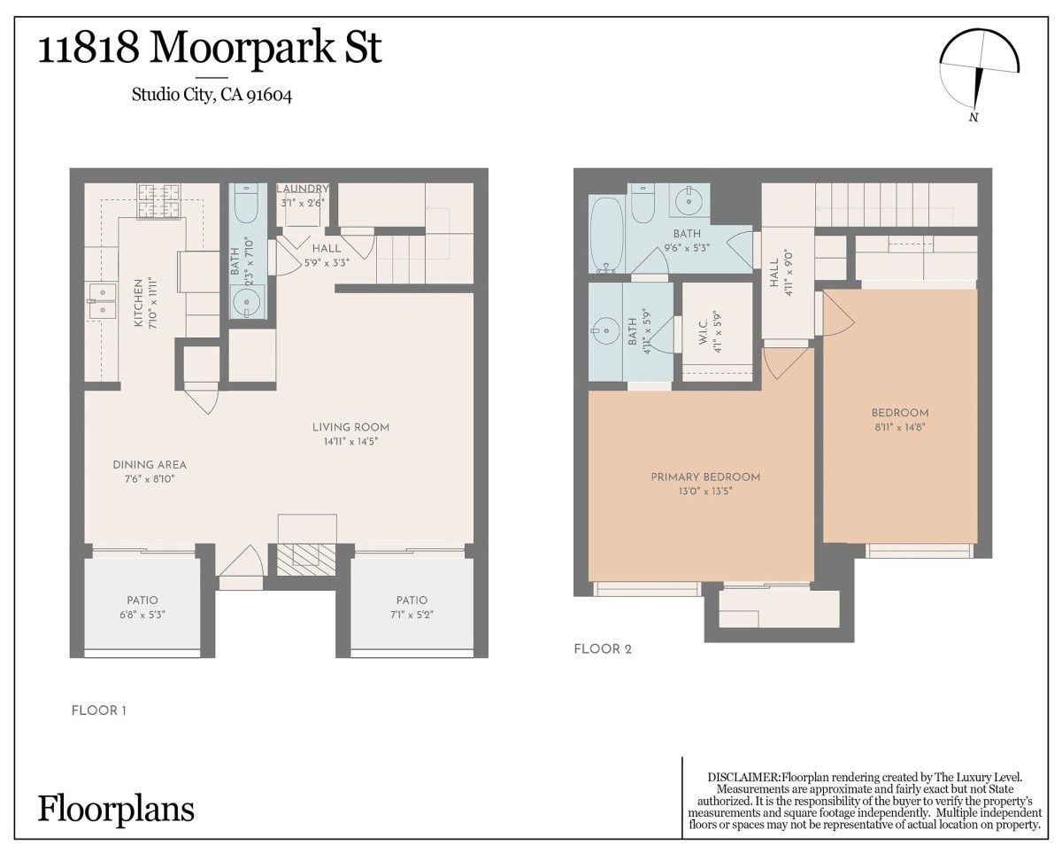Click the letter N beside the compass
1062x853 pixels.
[973, 118]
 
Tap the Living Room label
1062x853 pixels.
[350, 427]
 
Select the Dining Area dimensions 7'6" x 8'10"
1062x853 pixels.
[150, 478]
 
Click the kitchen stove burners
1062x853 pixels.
[159, 201]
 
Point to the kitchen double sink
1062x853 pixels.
[102, 301]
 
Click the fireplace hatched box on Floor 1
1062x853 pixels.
[306, 560]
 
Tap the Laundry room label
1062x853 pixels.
[303, 189]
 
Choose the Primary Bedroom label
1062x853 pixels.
[705, 477]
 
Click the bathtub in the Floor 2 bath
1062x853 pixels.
[606, 234]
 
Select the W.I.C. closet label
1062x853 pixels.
[704, 331]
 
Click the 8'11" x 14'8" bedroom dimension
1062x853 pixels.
[900, 427]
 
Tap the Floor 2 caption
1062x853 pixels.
[603, 649]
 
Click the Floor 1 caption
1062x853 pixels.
[99, 710]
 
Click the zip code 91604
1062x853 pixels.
[269, 95]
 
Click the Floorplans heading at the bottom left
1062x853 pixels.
[116, 810]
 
